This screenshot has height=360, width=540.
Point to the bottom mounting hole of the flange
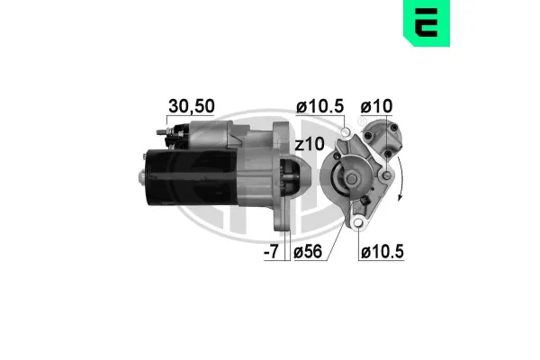[x=358, y=221]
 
